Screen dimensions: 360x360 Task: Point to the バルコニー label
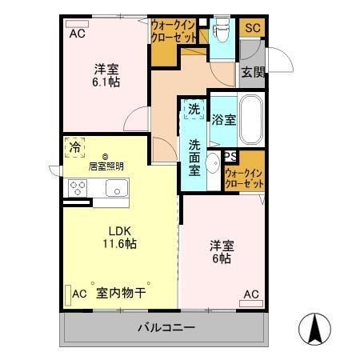point(165,327)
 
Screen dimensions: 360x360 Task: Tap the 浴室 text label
point(223,120)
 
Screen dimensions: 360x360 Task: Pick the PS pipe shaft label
point(230,157)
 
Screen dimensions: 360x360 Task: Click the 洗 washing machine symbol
point(194,110)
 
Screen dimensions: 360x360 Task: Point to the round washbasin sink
point(212,166)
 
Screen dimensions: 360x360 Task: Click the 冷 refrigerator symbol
point(74,147)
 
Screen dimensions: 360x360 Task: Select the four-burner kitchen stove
point(77,188)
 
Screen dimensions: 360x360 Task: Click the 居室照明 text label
point(106,166)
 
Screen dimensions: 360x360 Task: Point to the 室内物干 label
point(119,294)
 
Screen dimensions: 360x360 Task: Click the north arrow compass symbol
point(314,328)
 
